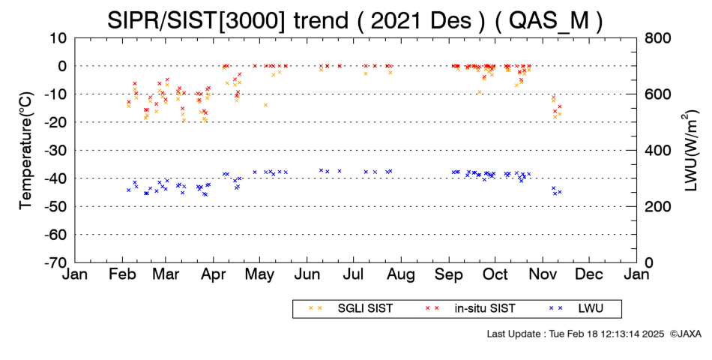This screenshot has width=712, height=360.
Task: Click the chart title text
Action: (x=355, y=20)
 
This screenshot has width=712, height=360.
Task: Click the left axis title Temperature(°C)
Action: (x=26, y=151)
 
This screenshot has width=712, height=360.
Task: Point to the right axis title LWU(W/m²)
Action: (x=689, y=151)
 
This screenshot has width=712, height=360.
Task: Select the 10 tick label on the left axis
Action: (x=58, y=38)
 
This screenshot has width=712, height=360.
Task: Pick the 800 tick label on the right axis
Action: (x=657, y=38)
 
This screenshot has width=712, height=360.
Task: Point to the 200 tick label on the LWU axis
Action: (x=657, y=206)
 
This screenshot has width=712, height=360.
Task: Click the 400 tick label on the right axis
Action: (x=657, y=151)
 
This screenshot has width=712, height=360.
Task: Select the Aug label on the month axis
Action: (x=402, y=274)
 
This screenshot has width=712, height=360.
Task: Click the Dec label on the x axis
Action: (x=589, y=274)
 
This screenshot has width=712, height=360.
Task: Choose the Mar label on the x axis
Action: (x=166, y=274)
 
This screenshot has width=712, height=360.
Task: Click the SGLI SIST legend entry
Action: (x=351, y=309)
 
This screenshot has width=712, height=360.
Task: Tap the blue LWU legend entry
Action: (x=576, y=309)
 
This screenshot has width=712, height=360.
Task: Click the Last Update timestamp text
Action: (x=576, y=334)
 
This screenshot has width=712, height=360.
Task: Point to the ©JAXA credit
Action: (x=686, y=334)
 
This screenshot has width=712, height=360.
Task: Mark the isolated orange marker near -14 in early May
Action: (x=265, y=105)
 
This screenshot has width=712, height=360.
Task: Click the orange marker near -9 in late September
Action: (x=480, y=91)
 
